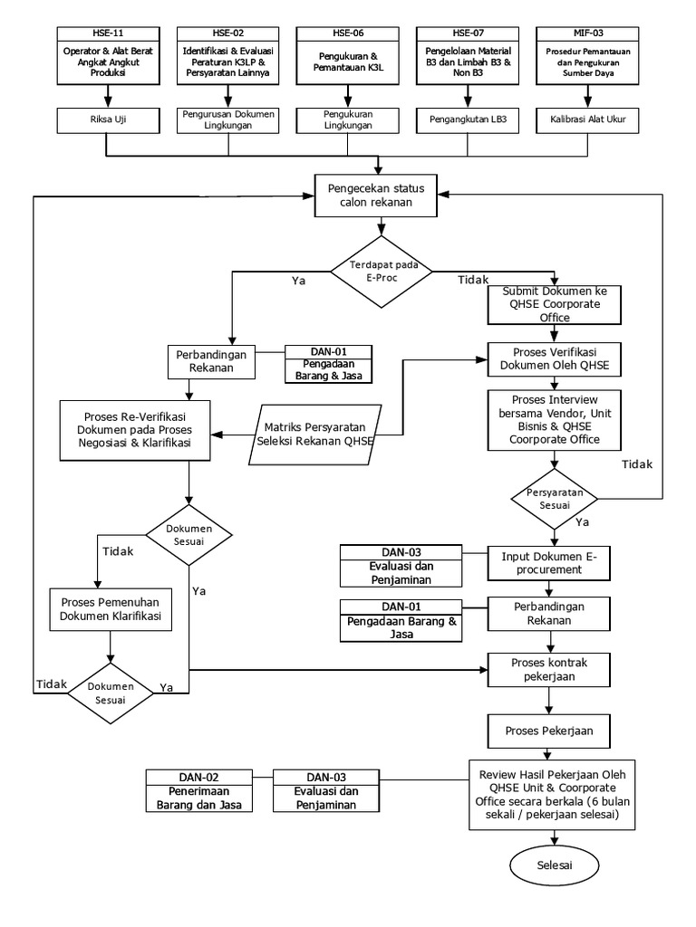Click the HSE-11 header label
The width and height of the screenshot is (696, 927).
pos(109,33)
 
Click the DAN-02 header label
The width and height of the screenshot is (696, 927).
pos(198,777)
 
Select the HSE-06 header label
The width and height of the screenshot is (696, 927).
pos(347,33)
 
